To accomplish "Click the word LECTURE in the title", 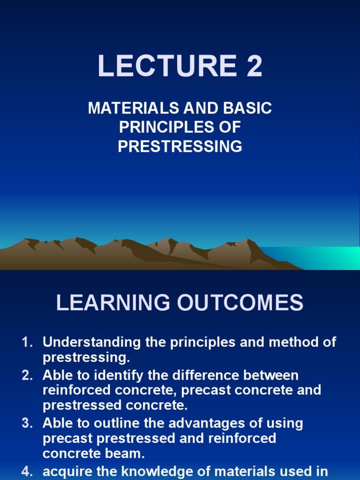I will tap(159, 66).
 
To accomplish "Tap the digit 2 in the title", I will tap(253, 66).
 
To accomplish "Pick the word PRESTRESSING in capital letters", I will tap(180, 147).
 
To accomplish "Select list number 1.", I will tap(27, 342).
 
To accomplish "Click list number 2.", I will tap(27, 375).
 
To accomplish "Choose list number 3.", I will tap(27, 423).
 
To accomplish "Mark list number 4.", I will tap(27, 472).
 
